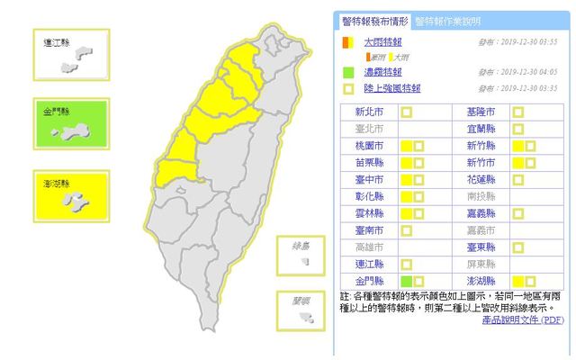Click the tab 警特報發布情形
(x=374, y=21)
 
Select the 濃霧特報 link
(x=382, y=72)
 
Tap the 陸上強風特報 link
(x=391, y=88)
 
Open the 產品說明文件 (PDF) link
(x=523, y=319)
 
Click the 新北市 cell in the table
(x=370, y=112)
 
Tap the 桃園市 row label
(x=370, y=146)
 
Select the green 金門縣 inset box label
(x=59, y=112)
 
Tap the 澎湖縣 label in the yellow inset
(x=60, y=184)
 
